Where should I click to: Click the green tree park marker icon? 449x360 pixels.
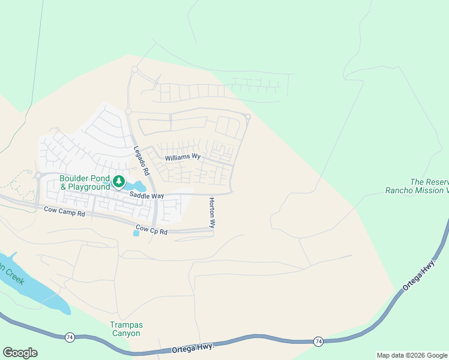[x=119, y=181]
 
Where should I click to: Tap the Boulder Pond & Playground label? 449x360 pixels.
[x=85, y=182]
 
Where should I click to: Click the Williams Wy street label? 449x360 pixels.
[x=183, y=157]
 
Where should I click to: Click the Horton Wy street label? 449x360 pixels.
[x=211, y=212]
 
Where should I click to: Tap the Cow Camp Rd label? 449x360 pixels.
[x=65, y=211]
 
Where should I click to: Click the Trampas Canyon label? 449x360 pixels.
[x=125, y=329]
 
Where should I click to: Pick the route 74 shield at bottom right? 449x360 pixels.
[x=318, y=341]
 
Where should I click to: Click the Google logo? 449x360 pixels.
[x=20, y=353]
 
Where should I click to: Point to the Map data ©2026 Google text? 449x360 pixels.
[x=412, y=355]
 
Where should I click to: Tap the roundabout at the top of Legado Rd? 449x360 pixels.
[x=134, y=70]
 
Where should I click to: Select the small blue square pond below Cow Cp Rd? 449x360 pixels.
[x=136, y=233]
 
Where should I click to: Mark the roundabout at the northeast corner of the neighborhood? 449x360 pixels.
[x=247, y=116]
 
